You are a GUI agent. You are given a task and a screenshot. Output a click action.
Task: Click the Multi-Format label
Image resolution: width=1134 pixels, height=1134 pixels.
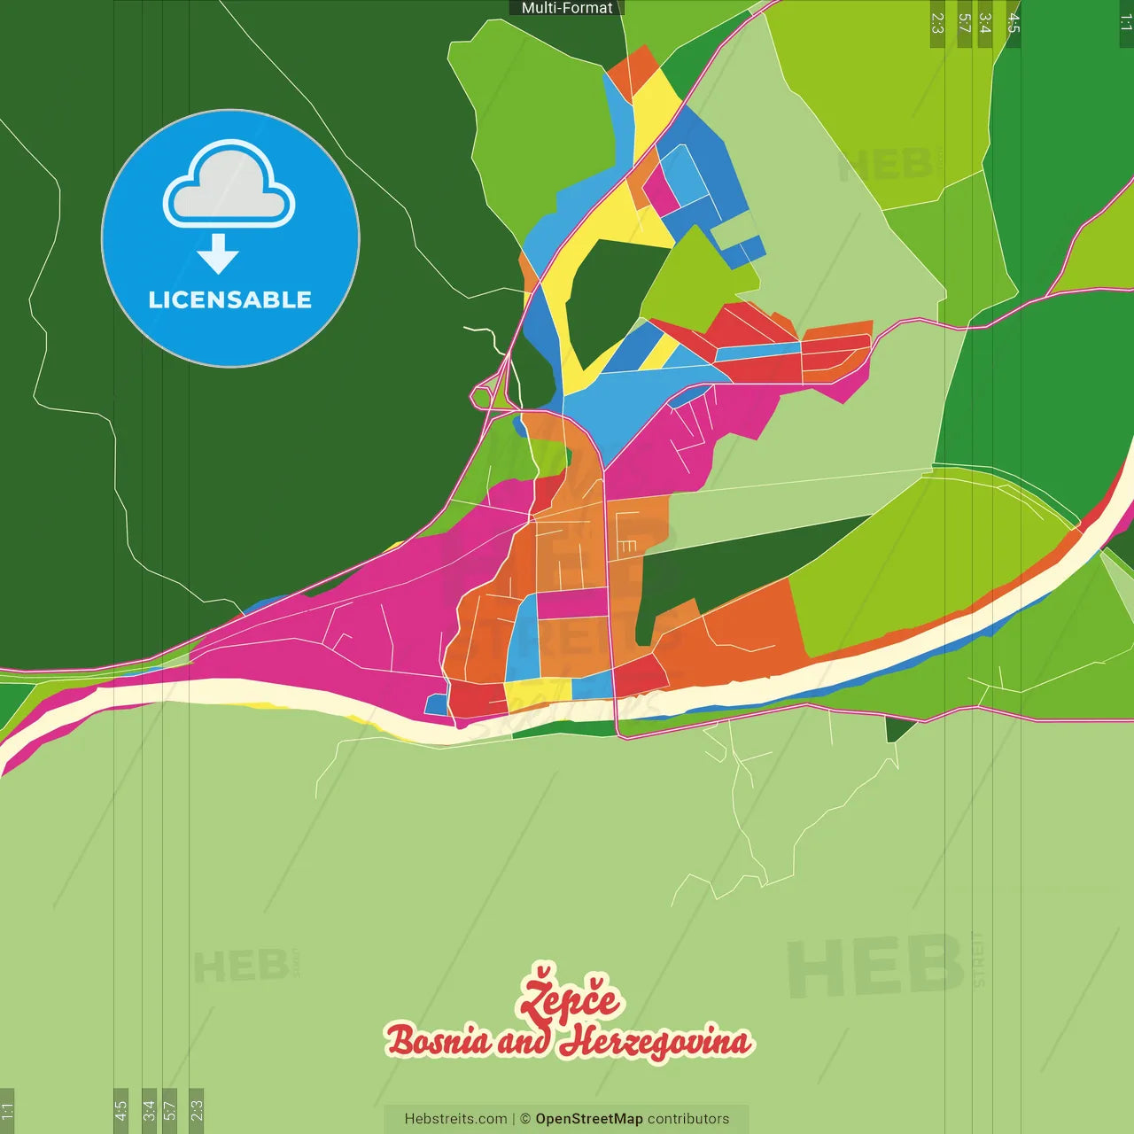(567, 8)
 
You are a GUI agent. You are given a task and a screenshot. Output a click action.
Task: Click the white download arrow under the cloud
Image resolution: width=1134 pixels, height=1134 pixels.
(218, 254)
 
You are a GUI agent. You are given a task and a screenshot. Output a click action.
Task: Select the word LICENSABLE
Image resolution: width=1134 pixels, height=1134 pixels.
(230, 299)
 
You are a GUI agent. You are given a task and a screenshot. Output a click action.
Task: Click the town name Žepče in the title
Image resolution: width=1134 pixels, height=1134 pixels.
(570, 998)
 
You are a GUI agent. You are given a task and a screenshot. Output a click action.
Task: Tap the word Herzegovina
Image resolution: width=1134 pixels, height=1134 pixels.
(655, 1042)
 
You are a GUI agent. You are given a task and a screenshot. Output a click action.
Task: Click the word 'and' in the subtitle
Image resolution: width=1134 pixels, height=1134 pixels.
(524, 1042)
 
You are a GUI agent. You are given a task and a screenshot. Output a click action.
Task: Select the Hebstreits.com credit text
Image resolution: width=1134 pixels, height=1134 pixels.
(455, 1119)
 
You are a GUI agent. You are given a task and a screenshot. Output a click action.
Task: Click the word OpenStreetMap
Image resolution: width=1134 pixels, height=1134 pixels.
(589, 1119)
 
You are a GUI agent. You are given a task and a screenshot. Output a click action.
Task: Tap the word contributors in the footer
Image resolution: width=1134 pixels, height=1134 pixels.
(688, 1119)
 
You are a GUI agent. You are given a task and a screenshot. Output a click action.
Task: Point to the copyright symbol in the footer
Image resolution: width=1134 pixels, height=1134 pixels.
(525, 1119)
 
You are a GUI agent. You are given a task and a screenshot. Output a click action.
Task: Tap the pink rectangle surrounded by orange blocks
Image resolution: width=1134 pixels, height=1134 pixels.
(572, 603)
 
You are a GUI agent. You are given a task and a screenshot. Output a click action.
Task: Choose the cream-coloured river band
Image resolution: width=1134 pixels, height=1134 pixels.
(266, 695)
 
